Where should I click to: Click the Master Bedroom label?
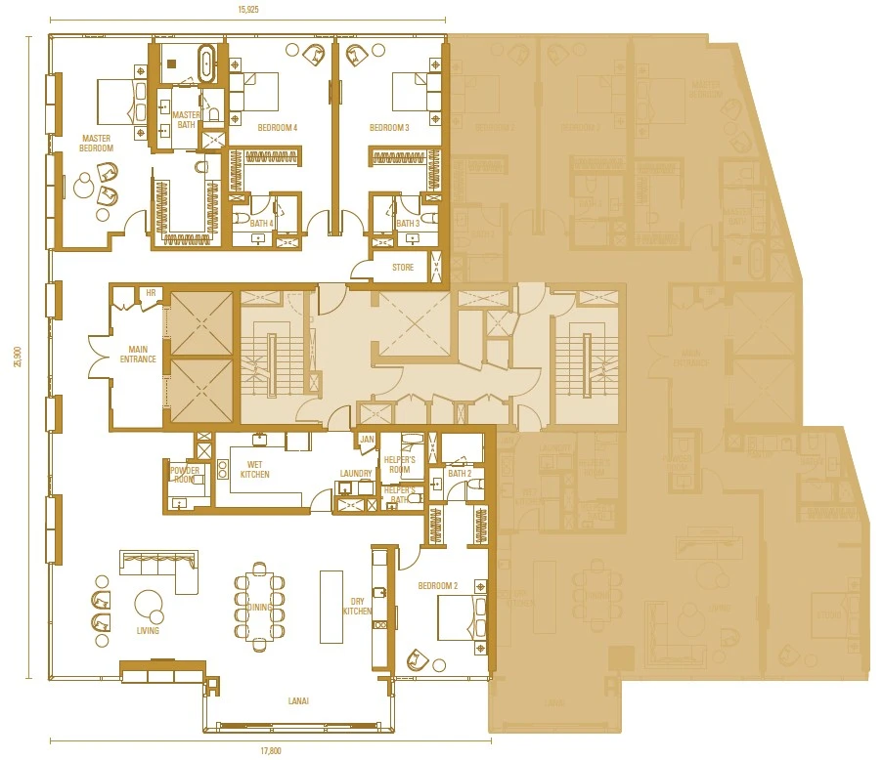pyautogui.click(x=97, y=144)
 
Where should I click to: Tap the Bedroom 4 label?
pyautogui.click(x=278, y=128)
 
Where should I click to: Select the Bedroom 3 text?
pyautogui.click(x=389, y=128)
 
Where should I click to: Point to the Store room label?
pyautogui.click(x=402, y=267)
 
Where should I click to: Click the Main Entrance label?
pyautogui.click(x=137, y=354)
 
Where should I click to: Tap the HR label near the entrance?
pyautogui.click(x=151, y=292)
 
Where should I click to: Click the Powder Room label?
pyautogui.click(x=185, y=476)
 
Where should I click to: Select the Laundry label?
pyautogui.click(x=356, y=474)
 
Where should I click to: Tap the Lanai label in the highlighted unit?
pyautogui.click(x=299, y=700)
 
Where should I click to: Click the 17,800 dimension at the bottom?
pyautogui.click(x=271, y=750)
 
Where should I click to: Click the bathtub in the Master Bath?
pyautogui.click(x=206, y=63)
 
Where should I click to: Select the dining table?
pyautogui.click(x=259, y=607)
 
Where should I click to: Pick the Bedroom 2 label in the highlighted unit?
pyautogui.click(x=437, y=586)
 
